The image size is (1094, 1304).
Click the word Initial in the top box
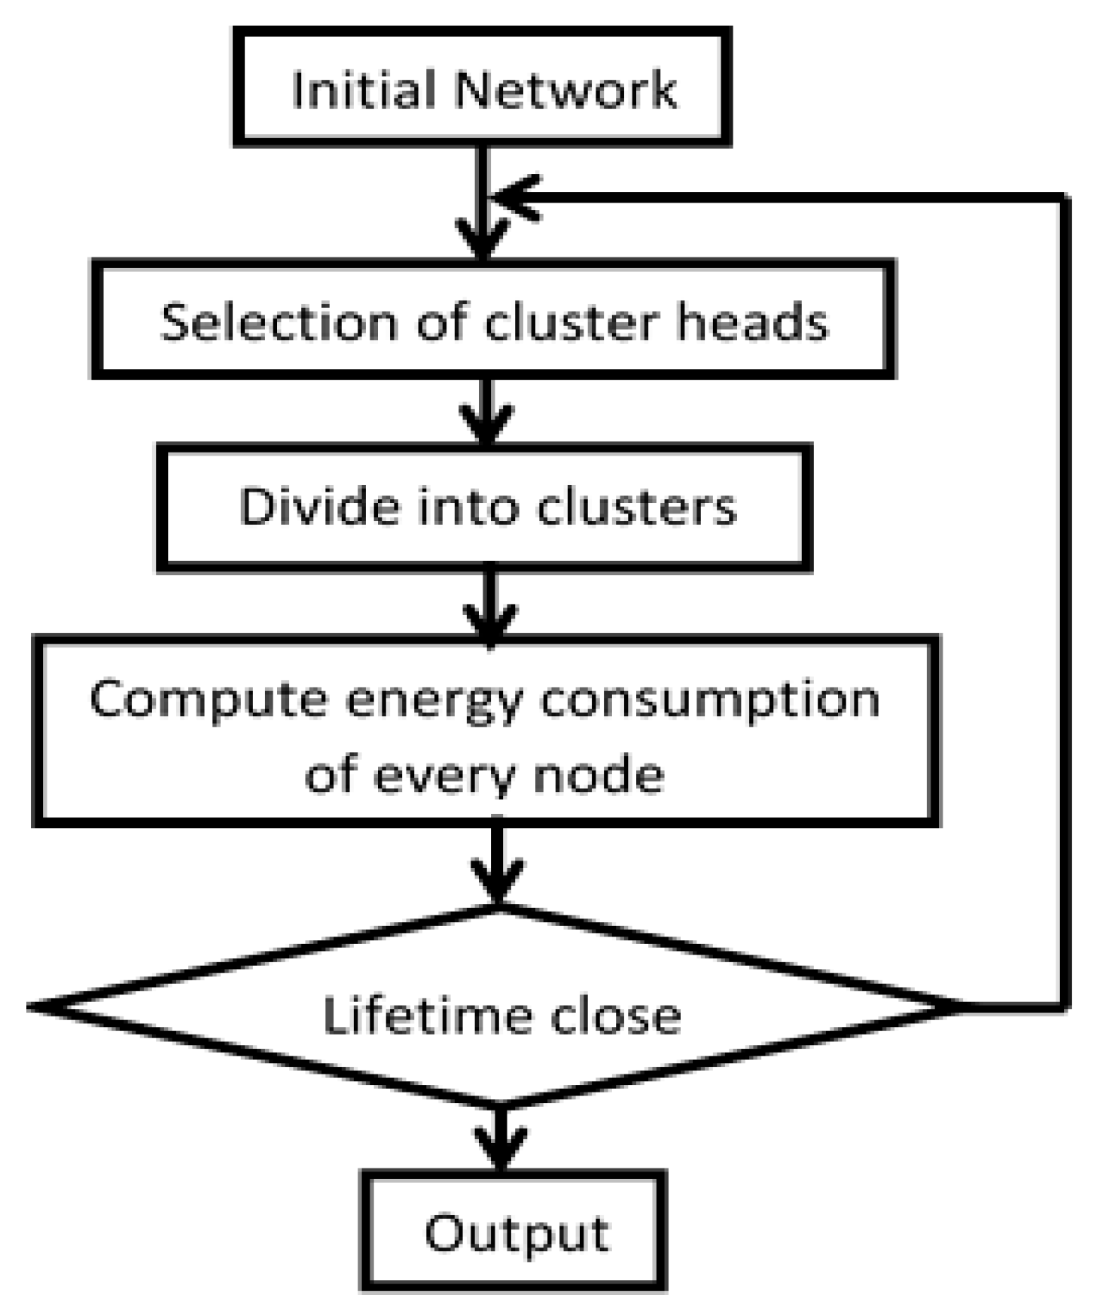click(364, 90)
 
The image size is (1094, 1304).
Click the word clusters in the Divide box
click(636, 506)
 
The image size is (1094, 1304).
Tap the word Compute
click(208, 698)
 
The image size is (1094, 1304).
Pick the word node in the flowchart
click(599, 773)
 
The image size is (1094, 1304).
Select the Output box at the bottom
click(515, 1232)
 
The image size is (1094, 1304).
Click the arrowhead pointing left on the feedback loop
click(512, 198)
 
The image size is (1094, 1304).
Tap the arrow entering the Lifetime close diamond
click(498, 866)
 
